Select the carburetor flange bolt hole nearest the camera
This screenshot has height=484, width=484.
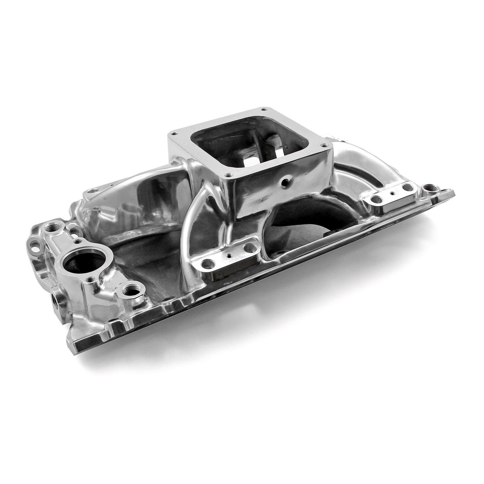228,175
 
